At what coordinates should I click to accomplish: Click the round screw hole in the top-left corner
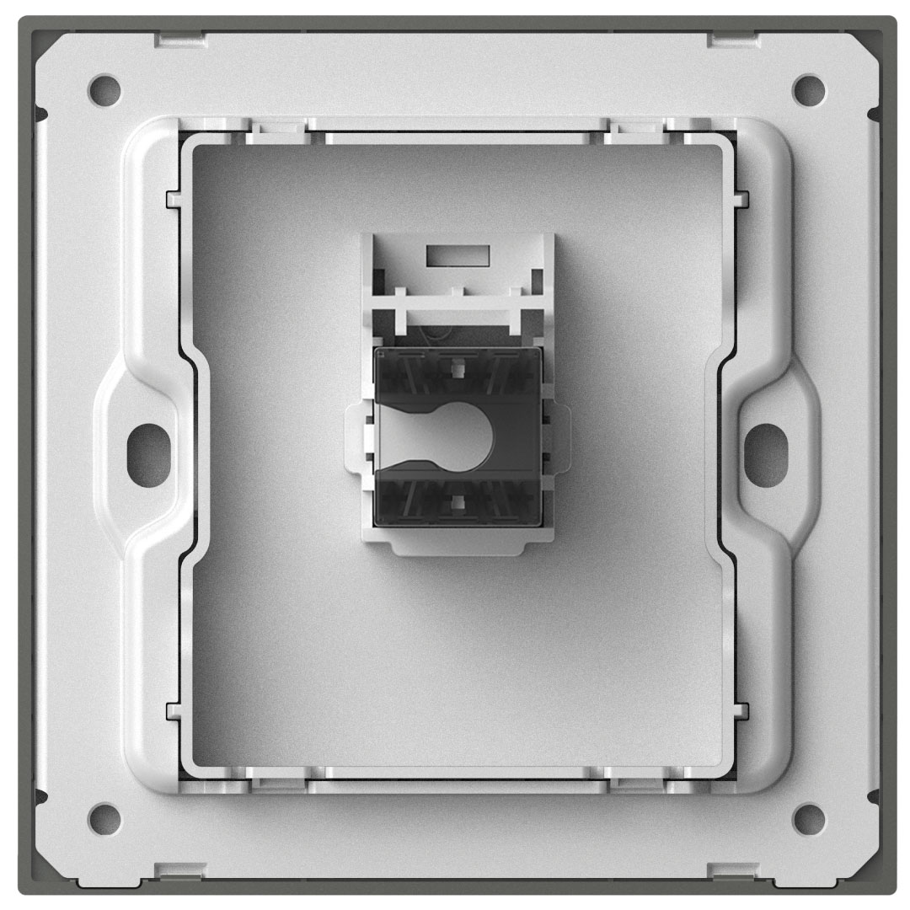click(103, 87)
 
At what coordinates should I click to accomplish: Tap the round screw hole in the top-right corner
click(808, 87)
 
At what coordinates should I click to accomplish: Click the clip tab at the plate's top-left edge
click(179, 37)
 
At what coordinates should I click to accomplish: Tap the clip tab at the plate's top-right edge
click(730, 37)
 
